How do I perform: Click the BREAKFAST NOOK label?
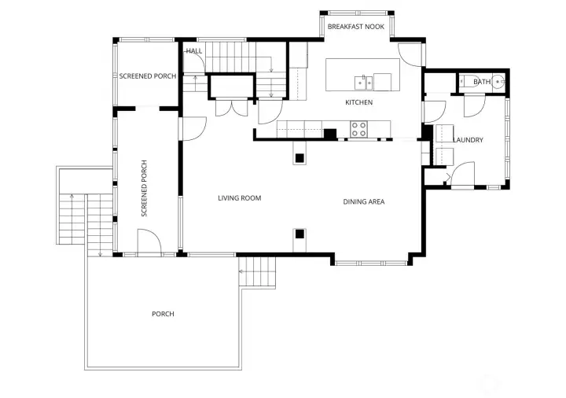(356, 27)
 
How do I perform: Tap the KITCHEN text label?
(358, 103)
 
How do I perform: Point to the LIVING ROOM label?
(239, 198)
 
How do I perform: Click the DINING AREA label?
(363, 202)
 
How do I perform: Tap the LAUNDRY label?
(468, 141)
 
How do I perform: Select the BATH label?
(481, 82)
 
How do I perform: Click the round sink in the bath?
(498, 82)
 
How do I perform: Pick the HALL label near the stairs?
(194, 51)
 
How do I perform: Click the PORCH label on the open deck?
(163, 314)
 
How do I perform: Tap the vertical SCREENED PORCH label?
(144, 189)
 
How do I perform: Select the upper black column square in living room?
(299, 159)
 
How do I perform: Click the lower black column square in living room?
(299, 234)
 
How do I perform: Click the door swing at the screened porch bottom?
(149, 241)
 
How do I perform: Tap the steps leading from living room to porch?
(258, 274)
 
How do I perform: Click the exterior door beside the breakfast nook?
(410, 54)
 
